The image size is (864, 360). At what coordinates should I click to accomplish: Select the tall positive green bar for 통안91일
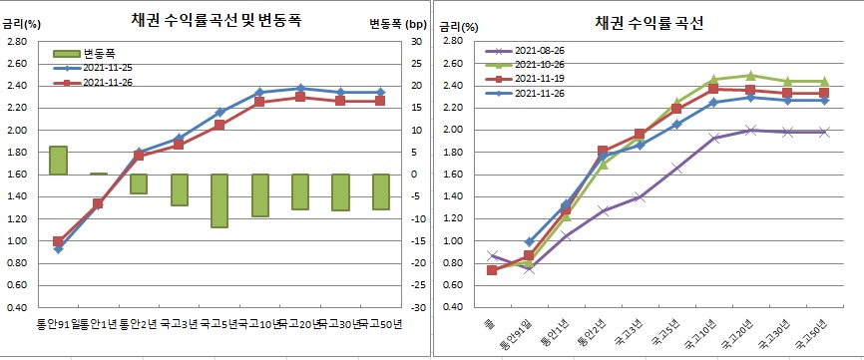[x=58, y=161]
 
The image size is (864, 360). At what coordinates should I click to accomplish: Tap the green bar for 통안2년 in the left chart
[x=139, y=183]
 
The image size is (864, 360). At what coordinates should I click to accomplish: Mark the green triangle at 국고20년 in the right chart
[x=750, y=76]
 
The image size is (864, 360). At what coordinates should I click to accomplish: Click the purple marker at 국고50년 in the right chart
[x=824, y=132]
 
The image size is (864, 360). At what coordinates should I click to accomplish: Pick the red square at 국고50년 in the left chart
[x=381, y=101]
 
